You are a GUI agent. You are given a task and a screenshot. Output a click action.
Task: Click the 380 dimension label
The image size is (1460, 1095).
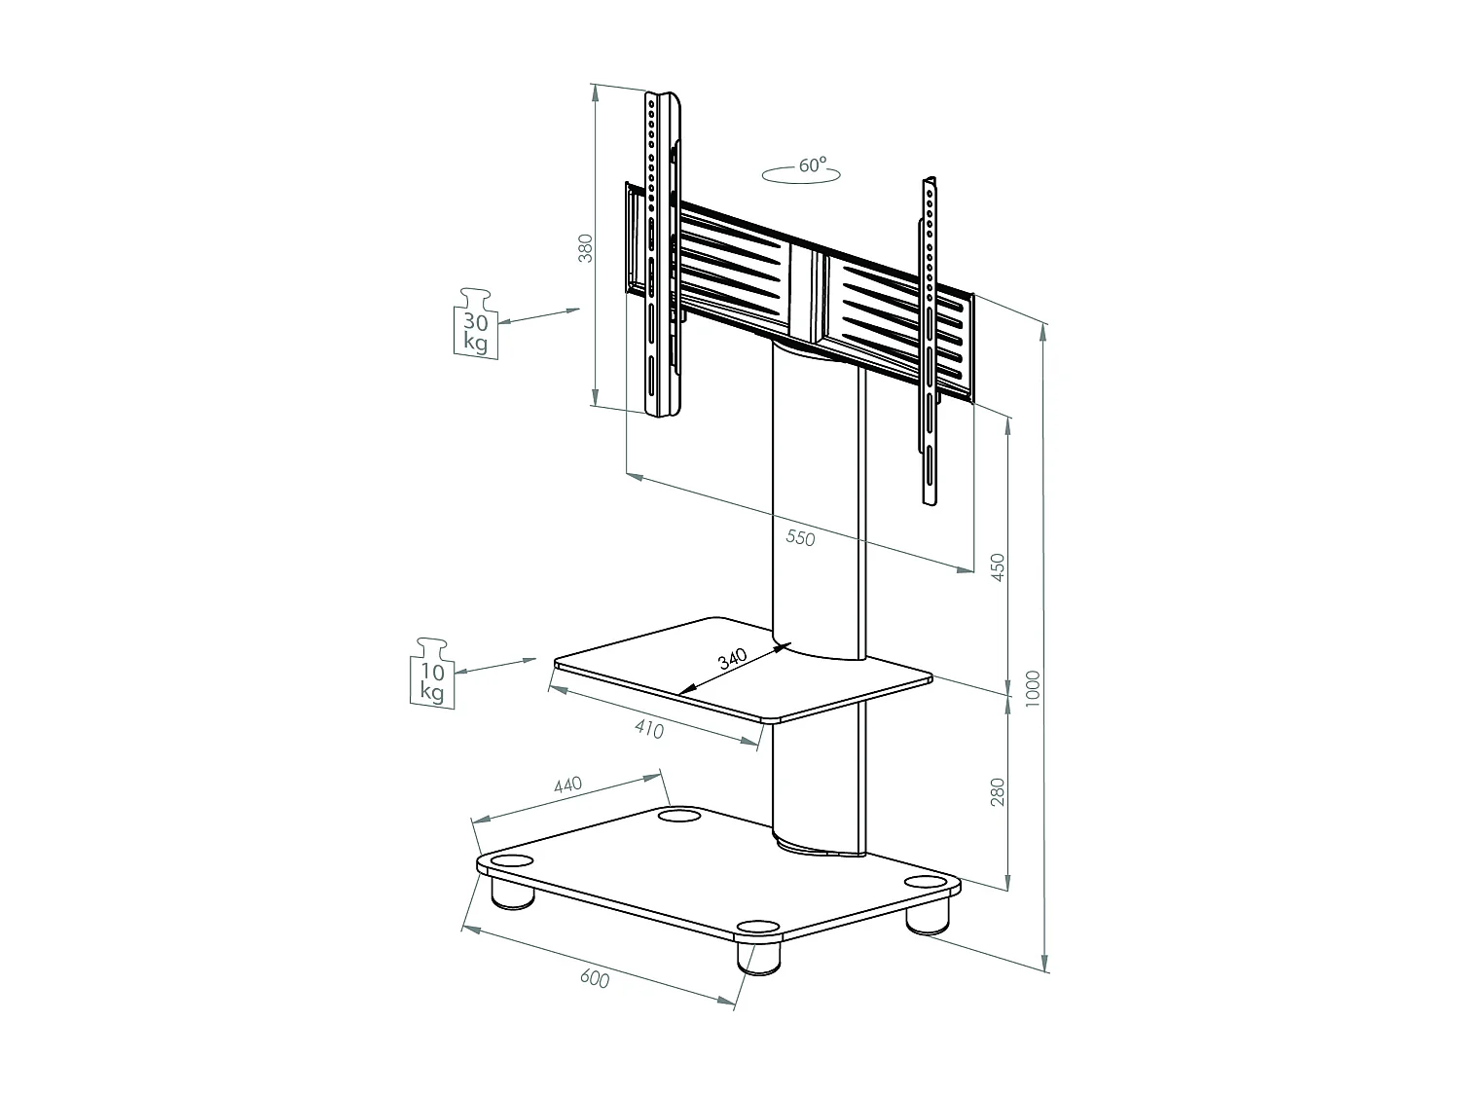[x=585, y=250]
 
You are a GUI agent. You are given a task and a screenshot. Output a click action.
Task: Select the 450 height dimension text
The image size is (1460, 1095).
[x=997, y=567]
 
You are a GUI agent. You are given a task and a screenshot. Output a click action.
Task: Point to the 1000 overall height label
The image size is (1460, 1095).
[x=1033, y=688]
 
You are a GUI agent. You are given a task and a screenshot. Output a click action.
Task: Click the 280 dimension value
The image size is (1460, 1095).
[x=997, y=792]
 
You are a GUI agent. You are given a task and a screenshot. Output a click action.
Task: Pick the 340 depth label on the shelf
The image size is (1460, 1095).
[x=732, y=659]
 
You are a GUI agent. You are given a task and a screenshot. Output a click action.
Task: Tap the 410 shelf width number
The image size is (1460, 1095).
[x=648, y=727]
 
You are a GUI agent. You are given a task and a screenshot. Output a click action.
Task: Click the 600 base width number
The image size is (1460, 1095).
[x=594, y=979]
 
